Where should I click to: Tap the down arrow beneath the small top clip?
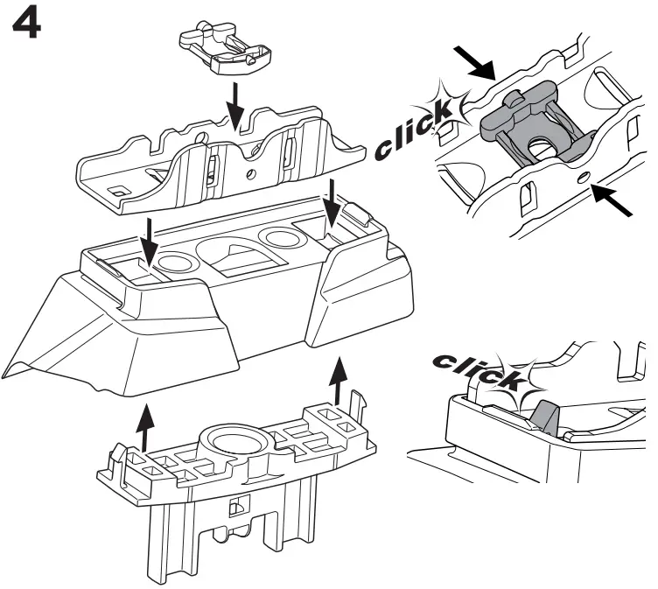(x=234, y=102)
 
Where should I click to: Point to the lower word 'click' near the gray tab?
(x=477, y=369)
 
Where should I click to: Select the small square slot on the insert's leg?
(x=234, y=508)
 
